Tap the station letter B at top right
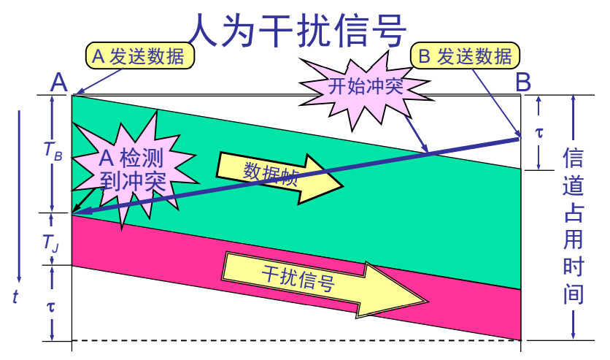pos(522,82)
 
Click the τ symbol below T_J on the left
pos(50,305)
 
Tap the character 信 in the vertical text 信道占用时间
pos(574,160)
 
